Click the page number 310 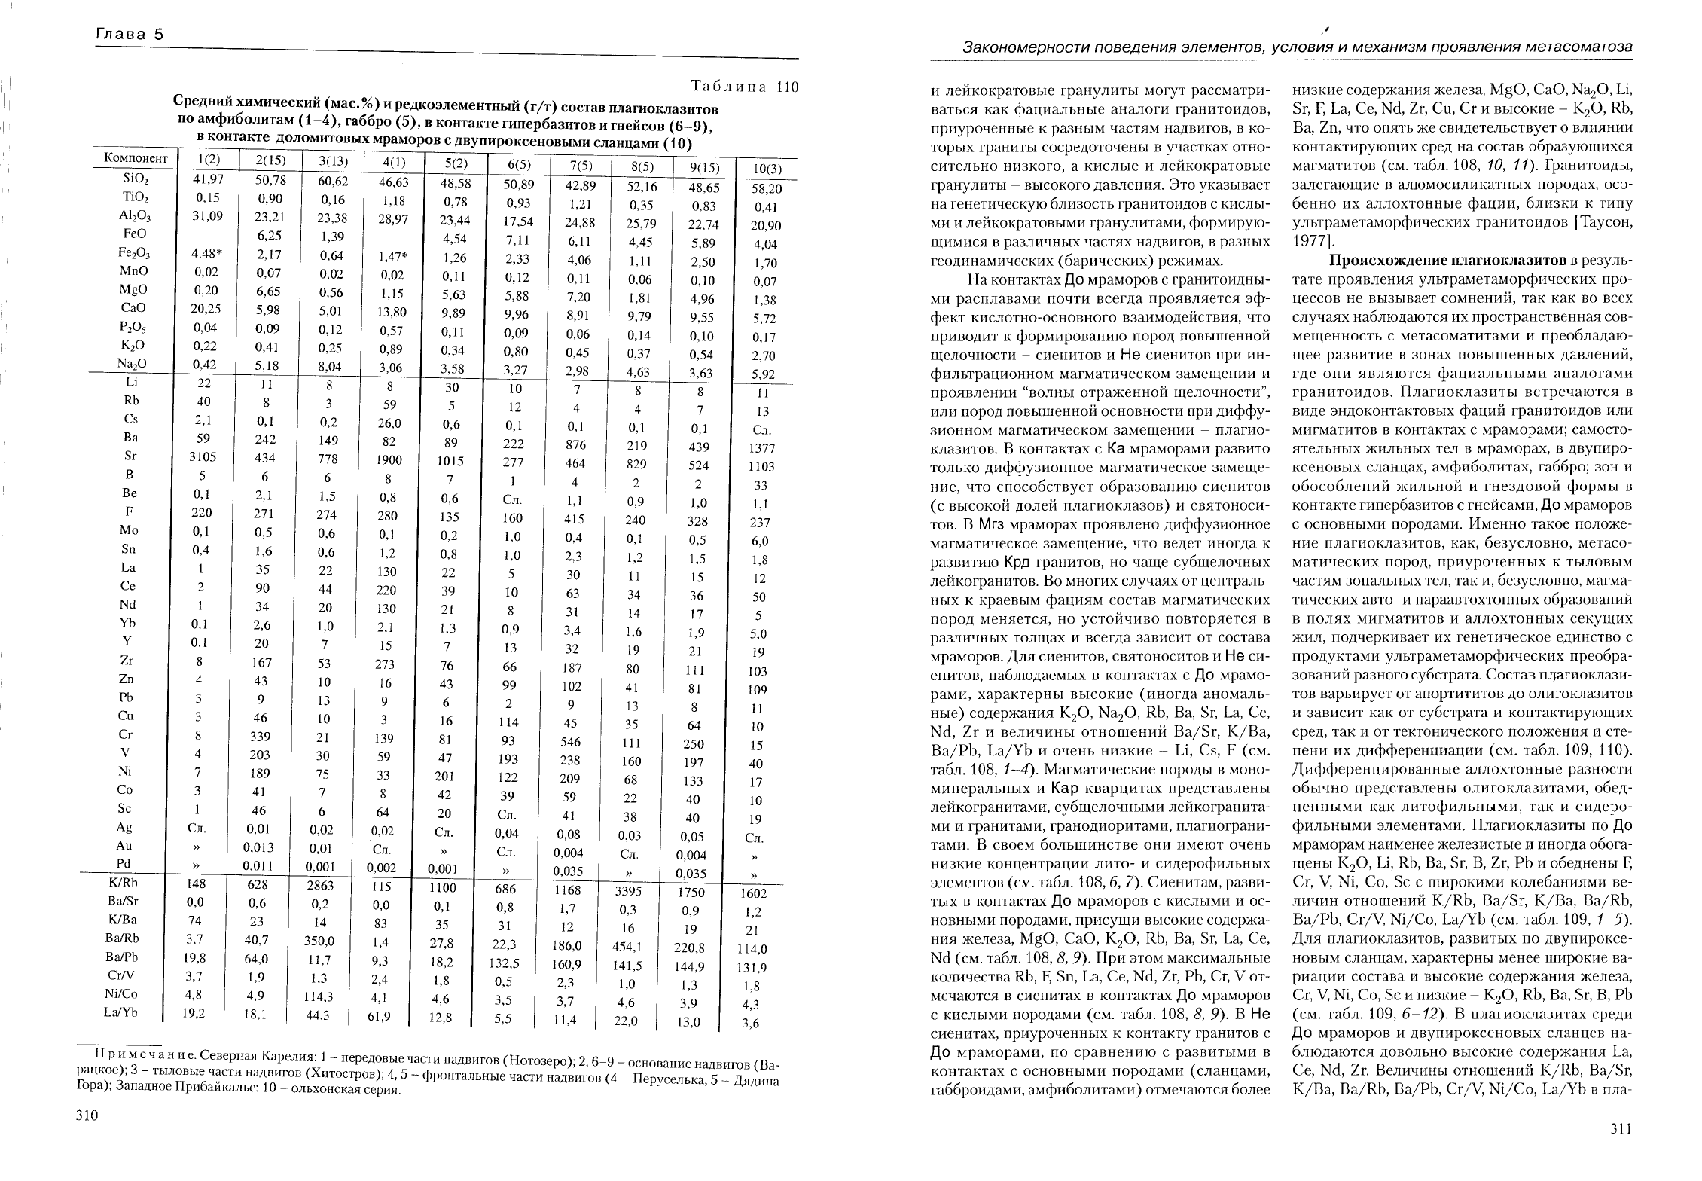pyautogui.click(x=88, y=1117)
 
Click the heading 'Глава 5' pyautogui.click(x=130, y=35)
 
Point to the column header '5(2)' pyautogui.click(x=453, y=163)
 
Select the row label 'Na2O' pyautogui.click(x=133, y=363)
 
